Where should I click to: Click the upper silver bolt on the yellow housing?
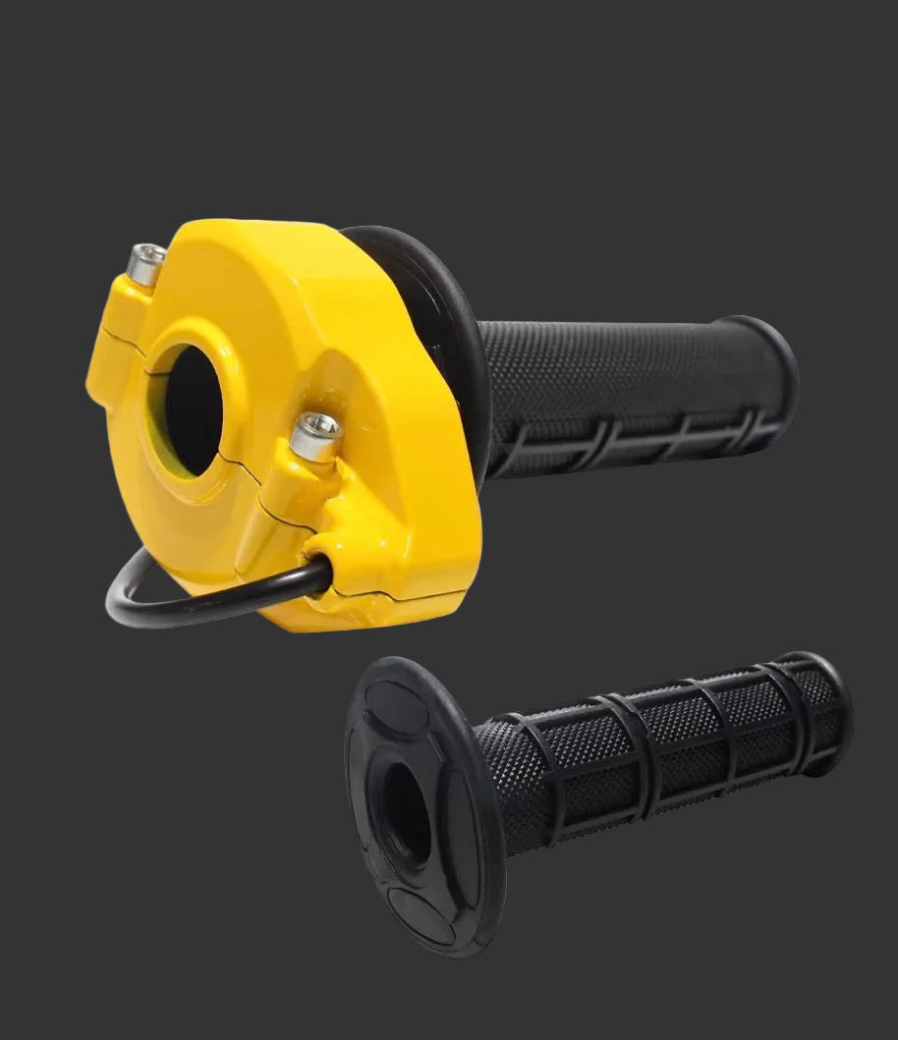[147, 263]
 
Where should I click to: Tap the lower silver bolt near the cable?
[315, 435]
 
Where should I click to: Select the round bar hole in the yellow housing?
[193, 409]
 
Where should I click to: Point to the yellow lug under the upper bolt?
[118, 324]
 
